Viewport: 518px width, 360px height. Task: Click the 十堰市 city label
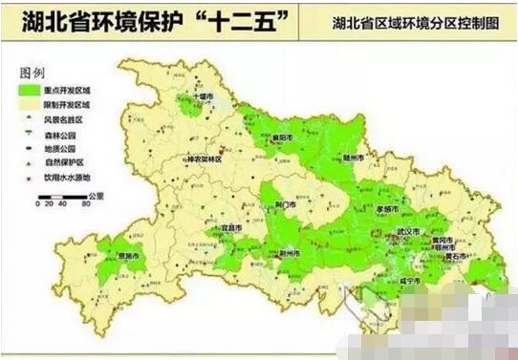(x=203, y=97)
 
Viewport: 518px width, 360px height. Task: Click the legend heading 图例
(x=32, y=73)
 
